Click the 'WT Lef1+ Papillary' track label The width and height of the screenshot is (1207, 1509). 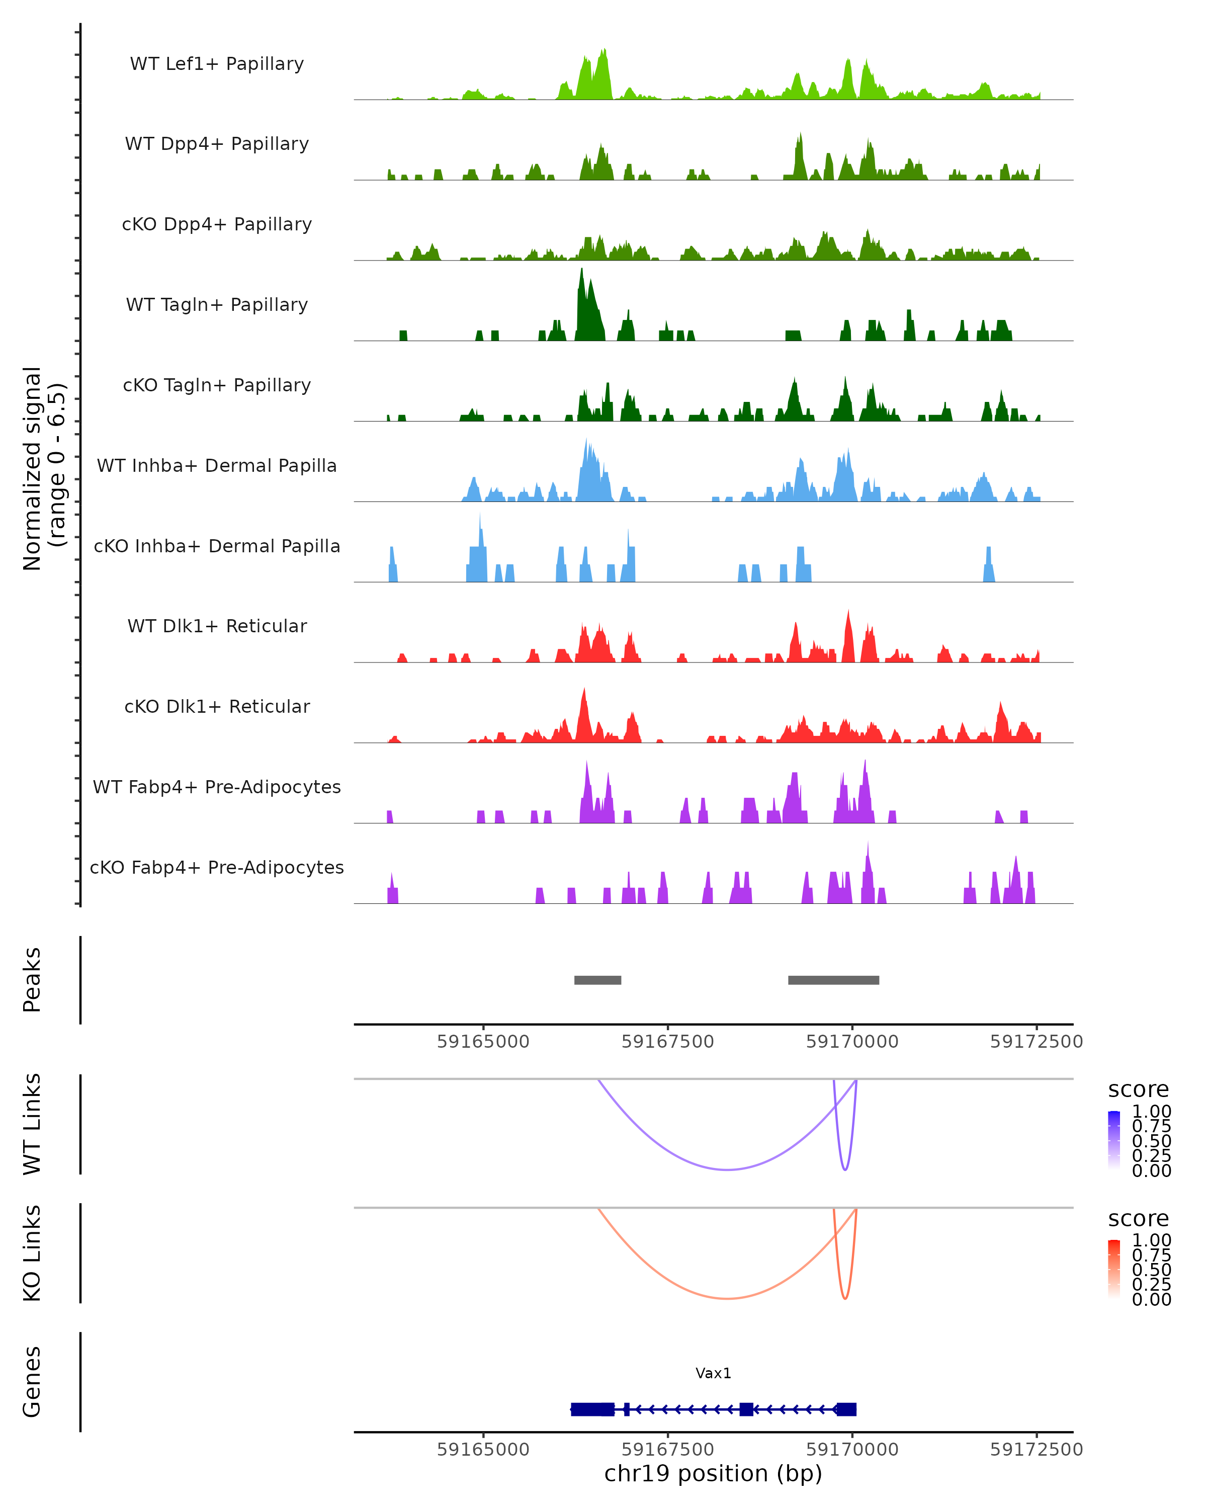(x=217, y=64)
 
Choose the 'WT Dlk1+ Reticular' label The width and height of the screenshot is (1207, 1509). (x=217, y=626)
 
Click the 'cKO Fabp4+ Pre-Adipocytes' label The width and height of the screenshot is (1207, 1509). (x=217, y=867)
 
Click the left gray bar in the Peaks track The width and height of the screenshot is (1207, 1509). (x=597, y=980)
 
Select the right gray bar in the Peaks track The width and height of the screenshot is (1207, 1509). (x=833, y=980)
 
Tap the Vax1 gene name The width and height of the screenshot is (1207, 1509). (x=713, y=1373)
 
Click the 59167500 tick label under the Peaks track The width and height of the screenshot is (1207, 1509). (x=667, y=1042)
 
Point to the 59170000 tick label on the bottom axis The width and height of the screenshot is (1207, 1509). (x=852, y=1450)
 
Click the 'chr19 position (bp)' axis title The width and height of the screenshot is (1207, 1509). (x=713, y=1474)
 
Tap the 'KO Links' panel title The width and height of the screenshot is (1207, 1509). (x=32, y=1253)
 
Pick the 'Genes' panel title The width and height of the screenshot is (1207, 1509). (x=32, y=1382)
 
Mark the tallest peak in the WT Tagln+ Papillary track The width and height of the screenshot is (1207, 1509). (x=581, y=270)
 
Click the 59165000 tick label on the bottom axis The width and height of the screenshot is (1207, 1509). (x=483, y=1450)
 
